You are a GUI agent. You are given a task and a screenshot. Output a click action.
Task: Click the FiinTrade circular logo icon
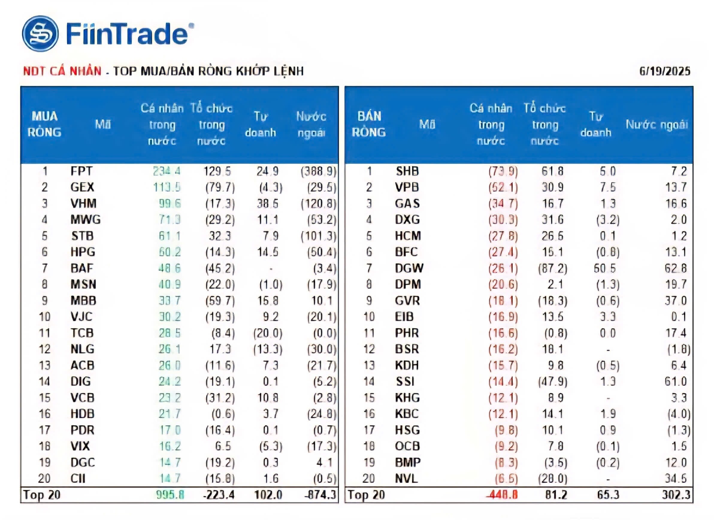40,34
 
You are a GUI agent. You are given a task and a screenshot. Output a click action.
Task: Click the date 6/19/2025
664,71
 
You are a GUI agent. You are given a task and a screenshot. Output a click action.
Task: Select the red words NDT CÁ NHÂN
62,71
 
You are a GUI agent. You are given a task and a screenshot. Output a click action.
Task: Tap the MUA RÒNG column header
44,124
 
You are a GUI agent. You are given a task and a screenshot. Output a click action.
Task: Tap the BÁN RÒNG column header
369,124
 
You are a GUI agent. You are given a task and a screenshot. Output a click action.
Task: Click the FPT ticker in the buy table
81,171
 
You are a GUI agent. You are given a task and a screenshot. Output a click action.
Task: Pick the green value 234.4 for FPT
167,171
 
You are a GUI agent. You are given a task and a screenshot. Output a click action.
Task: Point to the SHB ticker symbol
407,171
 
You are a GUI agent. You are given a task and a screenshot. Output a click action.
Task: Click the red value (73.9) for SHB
503,171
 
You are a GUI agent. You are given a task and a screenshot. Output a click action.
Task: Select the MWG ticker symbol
85,219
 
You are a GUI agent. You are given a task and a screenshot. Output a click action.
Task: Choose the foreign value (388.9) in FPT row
318,171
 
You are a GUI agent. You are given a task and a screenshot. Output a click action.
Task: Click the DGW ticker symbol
409,268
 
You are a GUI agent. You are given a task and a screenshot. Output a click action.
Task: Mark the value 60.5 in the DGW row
605,268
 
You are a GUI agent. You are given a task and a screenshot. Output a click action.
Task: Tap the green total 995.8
170,495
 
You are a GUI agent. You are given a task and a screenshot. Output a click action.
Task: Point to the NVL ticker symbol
406,478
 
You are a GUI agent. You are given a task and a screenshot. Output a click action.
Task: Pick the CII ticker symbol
78,478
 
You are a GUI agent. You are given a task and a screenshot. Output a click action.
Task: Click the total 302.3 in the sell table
676,495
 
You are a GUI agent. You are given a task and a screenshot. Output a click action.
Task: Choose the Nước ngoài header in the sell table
657,125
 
